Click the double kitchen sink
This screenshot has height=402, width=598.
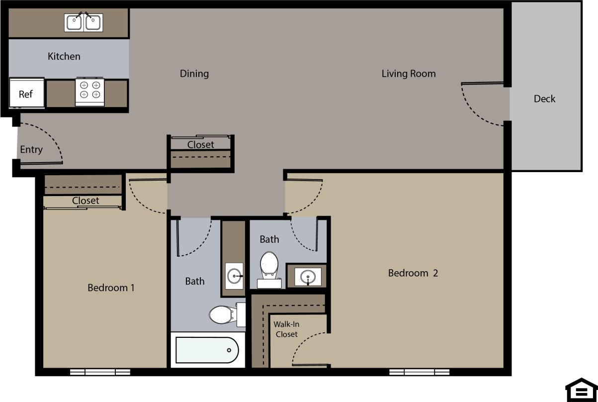(83, 22)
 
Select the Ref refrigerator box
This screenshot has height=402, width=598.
(26, 93)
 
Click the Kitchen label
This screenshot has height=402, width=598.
(64, 56)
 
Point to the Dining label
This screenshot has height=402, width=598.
(194, 74)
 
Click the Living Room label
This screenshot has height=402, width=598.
(408, 74)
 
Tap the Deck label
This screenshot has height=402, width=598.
(544, 99)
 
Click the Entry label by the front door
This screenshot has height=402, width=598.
(31, 149)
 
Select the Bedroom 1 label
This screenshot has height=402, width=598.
(111, 288)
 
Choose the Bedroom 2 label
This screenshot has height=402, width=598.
(413, 273)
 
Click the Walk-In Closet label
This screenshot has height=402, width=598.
(286, 329)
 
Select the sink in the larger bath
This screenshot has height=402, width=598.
(234, 275)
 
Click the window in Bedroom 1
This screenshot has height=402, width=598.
(100, 372)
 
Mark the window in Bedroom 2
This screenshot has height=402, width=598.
(419, 372)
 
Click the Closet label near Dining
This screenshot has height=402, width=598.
(200, 145)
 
